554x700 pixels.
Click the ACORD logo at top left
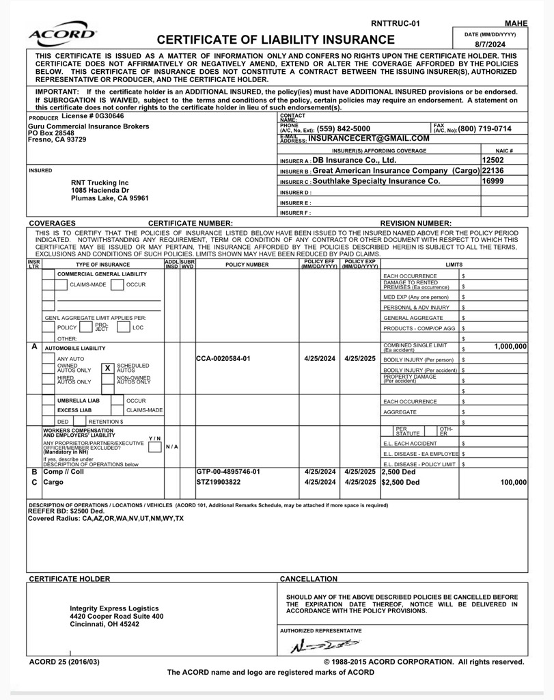tap(62, 35)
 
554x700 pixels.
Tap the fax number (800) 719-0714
tap(484, 129)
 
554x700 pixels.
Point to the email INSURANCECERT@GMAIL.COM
tap(369, 138)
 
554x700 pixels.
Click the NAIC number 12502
tap(493, 160)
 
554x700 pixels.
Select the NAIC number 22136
tap(493, 170)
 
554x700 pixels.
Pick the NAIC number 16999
tap(493, 181)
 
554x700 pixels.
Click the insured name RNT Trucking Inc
tap(100, 183)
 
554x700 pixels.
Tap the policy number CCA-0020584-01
tap(223, 358)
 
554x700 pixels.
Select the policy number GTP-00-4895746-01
tap(228, 472)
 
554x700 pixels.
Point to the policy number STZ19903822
tap(219, 482)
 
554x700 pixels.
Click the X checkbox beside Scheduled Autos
tap(107, 368)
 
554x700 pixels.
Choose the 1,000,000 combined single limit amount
tap(510, 347)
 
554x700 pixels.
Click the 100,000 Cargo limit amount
tap(514, 482)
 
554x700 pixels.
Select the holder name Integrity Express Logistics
tap(114, 608)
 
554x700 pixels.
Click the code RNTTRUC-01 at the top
tap(395, 23)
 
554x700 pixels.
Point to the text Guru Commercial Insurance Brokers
tap(88, 126)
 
